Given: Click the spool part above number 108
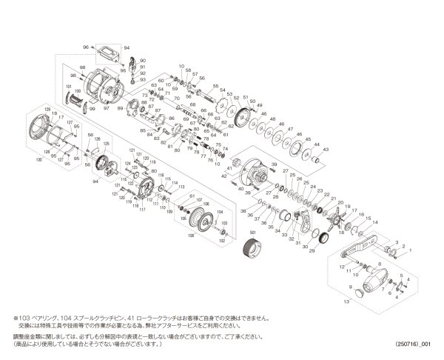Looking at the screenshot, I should click(196, 221).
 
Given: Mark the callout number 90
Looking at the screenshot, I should click(142, 59).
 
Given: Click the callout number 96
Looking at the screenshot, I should click(86, 47).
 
